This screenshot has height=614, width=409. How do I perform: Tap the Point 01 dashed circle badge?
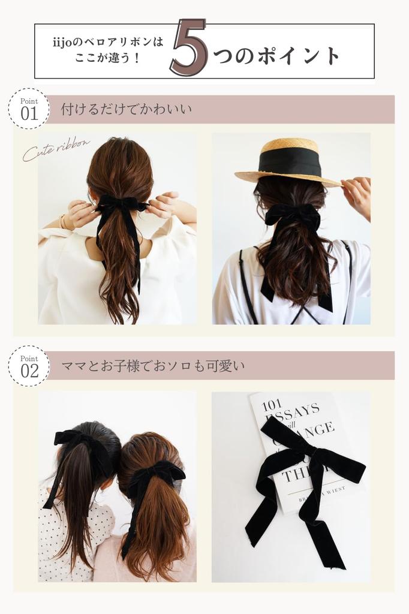point(29,109)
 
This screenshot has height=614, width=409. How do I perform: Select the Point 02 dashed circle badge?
point(29,366)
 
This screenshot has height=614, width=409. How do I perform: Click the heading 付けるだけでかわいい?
point(126,110)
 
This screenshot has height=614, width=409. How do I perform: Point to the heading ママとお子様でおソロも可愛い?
point(153,366)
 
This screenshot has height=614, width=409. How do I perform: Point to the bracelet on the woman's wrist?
point(63,222)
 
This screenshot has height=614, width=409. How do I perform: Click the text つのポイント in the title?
point(276,56)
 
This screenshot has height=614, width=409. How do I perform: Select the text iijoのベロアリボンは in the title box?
point(108,43)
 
